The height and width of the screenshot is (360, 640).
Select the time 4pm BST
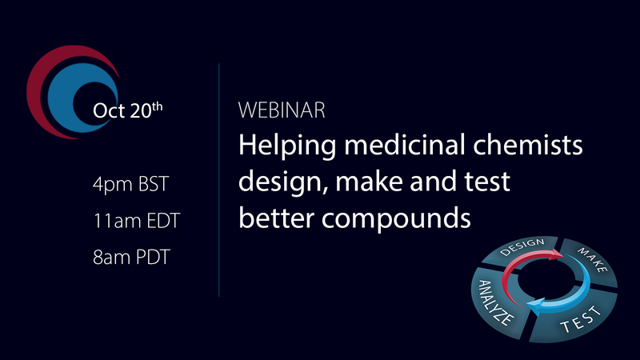click(130, 185)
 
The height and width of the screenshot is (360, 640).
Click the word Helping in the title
click(287, 147)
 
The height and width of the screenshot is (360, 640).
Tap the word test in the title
click(483, 184)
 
